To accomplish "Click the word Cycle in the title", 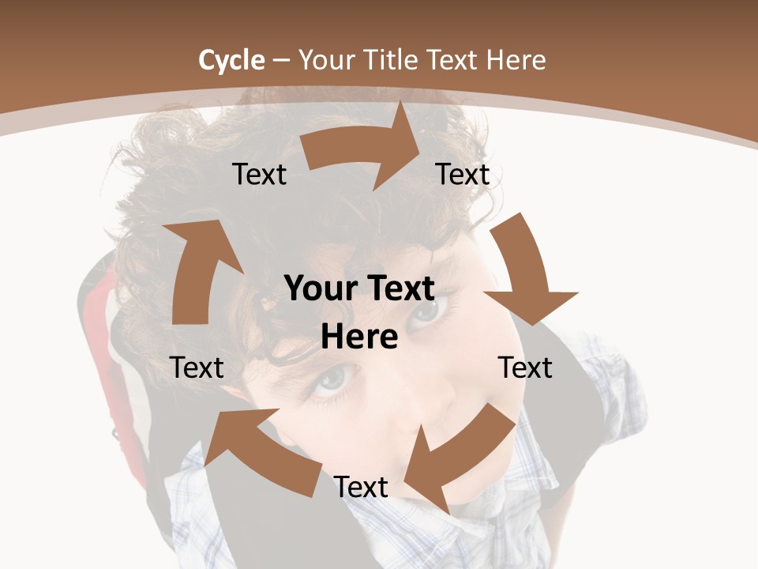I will pyautogui.click(x=231, y=60).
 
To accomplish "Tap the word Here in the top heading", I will pyautogui.click(x=515, y=60).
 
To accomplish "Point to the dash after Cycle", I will pyautogui.click(x=281, y=61).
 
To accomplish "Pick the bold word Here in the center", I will pyautogui.click(x=359, y=337).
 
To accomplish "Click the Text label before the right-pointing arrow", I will pyautogui.click(x=260, y=174).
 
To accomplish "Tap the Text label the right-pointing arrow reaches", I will pyautogui.click(x=463, y=174).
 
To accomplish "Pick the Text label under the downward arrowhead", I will pyautogui.click(x=525, y=367).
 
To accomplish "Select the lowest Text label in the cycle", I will pyautogui.click(x=361, y=487).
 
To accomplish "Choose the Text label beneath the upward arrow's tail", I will pyautogui.click(x=197, y=367).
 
